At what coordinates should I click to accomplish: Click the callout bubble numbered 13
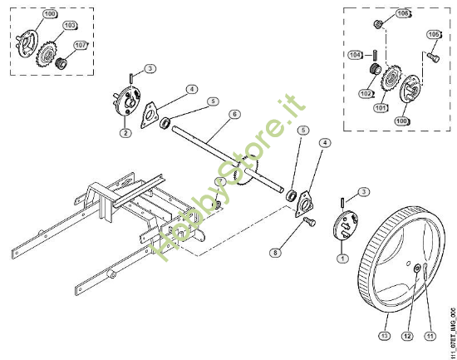coord(383,336)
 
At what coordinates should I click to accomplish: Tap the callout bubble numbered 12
coord(406,336)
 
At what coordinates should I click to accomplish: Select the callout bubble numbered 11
coord(430,336)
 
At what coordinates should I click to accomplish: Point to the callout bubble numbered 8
coord(274,250)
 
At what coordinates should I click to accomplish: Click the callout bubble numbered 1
coord(342,259)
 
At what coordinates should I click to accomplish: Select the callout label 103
coord(71,27)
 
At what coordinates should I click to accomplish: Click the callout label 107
coord(81,45)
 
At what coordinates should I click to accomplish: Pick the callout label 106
coord(403,13)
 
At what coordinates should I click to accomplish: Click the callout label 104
coord(355,54)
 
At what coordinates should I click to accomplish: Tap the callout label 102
coord(366,94)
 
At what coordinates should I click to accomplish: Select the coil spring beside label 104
coord(374,67)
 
